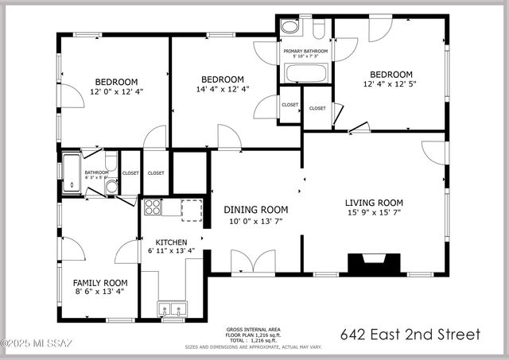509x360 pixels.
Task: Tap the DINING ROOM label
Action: coord(255,210)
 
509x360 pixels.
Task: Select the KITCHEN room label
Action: coord(171,242)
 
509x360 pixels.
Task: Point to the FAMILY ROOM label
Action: coord(100,283)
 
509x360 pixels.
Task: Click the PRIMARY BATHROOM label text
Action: coord(305,50)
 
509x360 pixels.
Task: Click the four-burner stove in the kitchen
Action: coord(152,208)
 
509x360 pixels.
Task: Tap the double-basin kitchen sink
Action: coord(172,309)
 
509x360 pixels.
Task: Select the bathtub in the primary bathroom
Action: coord(305,74)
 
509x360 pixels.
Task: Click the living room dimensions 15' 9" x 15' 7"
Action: coord(373,213)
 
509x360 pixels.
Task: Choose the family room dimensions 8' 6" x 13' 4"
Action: coord(100,292)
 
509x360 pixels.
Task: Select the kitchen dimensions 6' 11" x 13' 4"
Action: coord(171,252)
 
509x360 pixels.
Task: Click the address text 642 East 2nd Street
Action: coord(410,335)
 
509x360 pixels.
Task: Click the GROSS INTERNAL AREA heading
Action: coord(253,328)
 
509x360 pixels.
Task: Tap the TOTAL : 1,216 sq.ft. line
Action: coord(253,340)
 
